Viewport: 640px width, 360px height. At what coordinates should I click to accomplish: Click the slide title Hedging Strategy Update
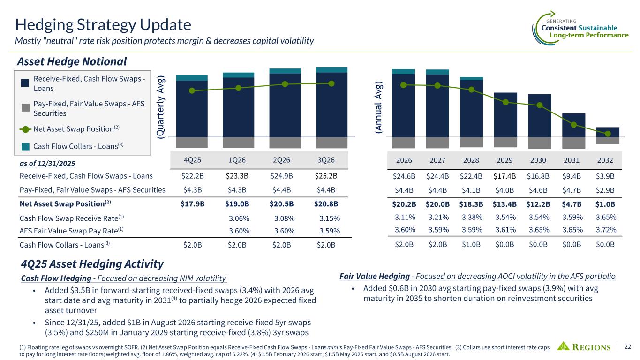pyautogui.click(x=103, y=24)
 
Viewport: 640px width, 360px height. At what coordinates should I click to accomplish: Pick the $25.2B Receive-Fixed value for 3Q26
pyautogui.click(x=326, y=176)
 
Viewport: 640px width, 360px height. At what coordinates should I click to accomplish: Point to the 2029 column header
pyautogui.click(x=504, y=160)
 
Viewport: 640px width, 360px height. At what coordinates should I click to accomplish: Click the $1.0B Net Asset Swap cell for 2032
pyautogui.click(x=605, y=204)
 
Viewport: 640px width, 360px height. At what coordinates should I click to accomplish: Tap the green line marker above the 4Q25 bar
pyautogui.click(x=192, y=90)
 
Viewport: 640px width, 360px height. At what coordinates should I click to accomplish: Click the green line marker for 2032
pyautogui.click(x=608, y=134)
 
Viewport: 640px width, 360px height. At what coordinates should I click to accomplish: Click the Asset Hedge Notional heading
pyautogui.click(x=72, y=61)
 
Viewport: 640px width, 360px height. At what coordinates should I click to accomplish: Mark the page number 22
pyautogui.click(x=628, y=347)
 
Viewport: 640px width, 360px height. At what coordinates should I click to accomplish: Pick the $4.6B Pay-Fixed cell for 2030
pyautogui.click(x=538, y=190)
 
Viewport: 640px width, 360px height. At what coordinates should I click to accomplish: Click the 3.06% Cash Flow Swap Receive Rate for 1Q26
pyautogui.click(x=239, y=218)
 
